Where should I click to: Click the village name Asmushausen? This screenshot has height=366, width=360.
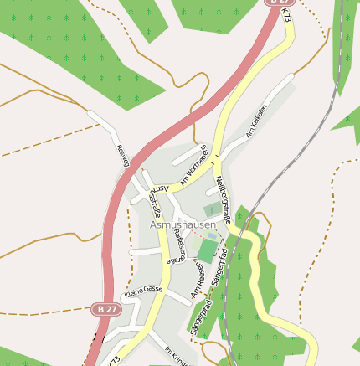coord(183,225)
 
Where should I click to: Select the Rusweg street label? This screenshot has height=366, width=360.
coord(121,156)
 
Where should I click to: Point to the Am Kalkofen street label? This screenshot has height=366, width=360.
coord(256,122)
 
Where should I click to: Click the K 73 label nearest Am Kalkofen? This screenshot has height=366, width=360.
coord(287,17)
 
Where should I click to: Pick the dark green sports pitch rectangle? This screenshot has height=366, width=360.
coord(207,250)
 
